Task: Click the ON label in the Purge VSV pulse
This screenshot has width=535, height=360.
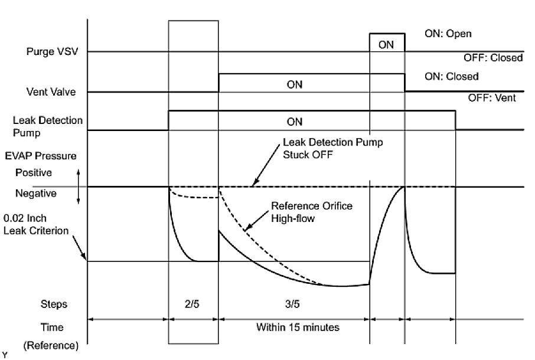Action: coord(386,44)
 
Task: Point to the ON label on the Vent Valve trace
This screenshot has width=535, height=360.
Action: coord(294,84)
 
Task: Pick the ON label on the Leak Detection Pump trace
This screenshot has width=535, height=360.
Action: coord(294,122)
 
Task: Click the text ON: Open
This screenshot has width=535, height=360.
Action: coord(448,34)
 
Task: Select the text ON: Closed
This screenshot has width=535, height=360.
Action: coord(452,77)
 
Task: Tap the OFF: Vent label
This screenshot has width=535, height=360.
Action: coord(492,98)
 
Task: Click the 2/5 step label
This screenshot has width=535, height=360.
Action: coord(193,305)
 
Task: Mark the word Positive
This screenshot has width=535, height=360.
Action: coord(33,174)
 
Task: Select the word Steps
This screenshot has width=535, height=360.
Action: coord(54,305)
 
